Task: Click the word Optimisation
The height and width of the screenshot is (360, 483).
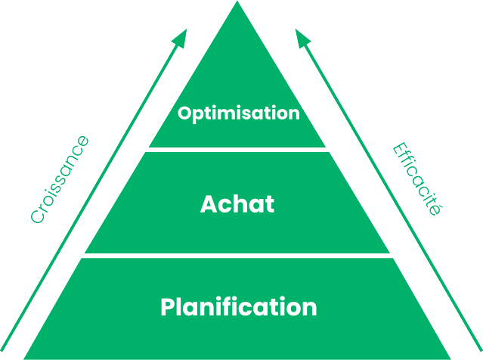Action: tap(239, 114)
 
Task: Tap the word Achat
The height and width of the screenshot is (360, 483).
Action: tap(237, 204)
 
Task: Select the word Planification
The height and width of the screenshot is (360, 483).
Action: tap(239, 307)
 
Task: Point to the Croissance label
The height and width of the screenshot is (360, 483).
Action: tap(60, 179)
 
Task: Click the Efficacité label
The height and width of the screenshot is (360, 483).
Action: tap(417, 179)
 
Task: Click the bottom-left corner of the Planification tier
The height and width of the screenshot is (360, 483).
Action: tap(24, 357)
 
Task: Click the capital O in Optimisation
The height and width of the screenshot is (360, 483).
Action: tap(184, 114)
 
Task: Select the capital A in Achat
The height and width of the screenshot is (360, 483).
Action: tap(209, 204)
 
